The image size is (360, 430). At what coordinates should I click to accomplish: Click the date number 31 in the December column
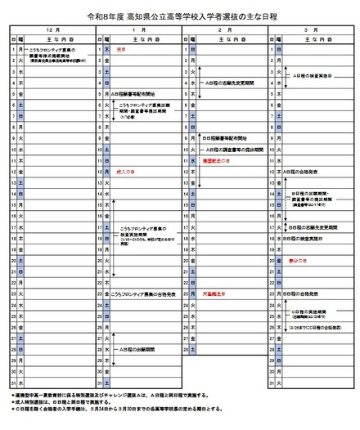click(15, 382)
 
